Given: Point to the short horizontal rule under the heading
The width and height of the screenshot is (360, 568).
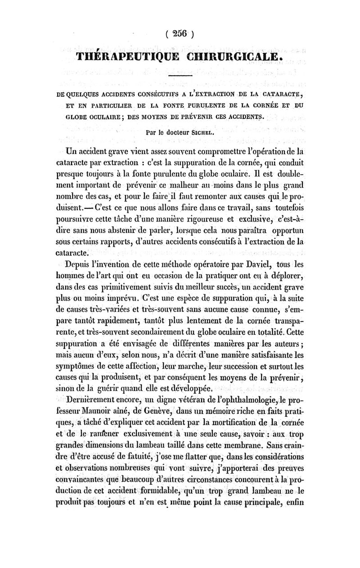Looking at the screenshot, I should pos(180,76).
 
